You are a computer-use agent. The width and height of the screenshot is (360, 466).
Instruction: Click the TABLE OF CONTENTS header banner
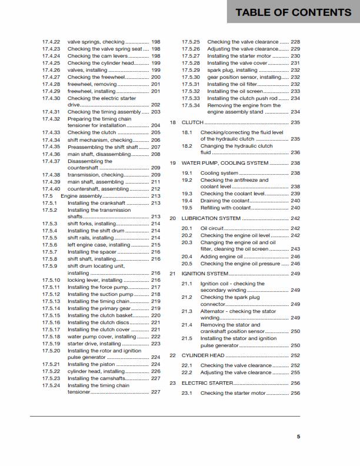tap(293, 12)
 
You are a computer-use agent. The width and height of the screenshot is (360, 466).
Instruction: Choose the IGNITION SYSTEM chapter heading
tap(205, 274)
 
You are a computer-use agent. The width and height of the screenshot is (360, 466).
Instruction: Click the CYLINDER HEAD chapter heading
tap(204, 355)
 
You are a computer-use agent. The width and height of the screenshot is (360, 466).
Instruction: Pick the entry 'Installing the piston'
tap(92, 364)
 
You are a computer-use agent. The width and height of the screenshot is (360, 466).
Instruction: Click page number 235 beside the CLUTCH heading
tap(295, 122)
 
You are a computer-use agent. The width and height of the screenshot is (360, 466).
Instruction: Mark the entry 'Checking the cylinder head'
tap(96, 63)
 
